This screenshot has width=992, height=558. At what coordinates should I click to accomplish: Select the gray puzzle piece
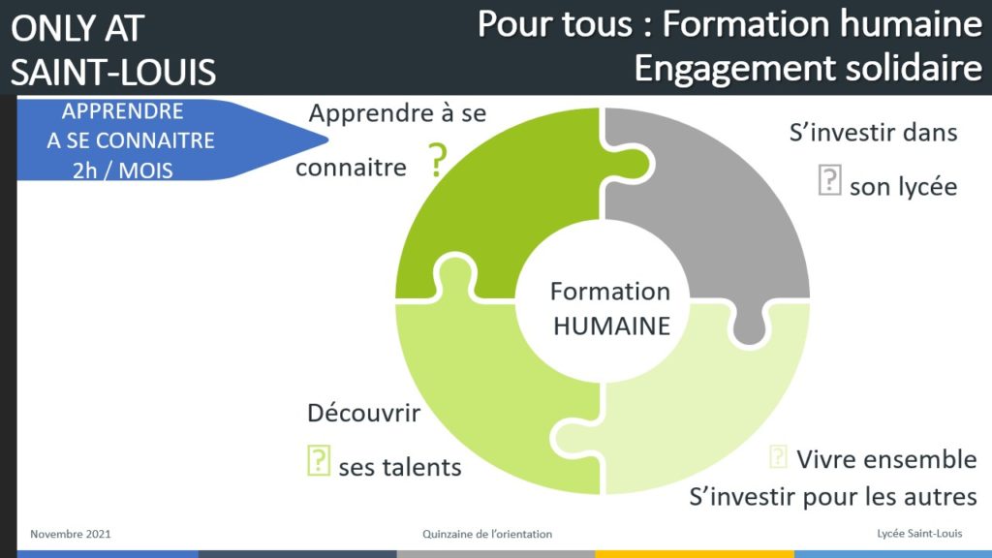tap(728, 209)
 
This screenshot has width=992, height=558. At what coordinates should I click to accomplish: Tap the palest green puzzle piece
tap(708, 405)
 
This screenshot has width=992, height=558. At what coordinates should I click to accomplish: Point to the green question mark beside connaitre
tap(438, 160)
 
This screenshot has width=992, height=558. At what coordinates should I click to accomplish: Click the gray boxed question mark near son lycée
tap(829, 179)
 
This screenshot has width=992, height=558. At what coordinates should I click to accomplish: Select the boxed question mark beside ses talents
tap(319, 460)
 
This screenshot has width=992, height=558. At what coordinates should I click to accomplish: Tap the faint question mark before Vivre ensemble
tap(778, 456)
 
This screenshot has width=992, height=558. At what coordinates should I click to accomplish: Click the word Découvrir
tap(364, 413)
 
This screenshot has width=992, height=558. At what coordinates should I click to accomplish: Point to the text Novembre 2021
tap(70, 534)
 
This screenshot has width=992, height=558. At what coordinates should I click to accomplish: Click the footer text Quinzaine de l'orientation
tap(487, 534)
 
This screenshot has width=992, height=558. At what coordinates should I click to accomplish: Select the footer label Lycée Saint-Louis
tap(919, 534)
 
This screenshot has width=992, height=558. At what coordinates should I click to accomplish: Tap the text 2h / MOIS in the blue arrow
tap(123, 170)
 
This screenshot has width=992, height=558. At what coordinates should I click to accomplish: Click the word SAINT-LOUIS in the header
tap(113, 72)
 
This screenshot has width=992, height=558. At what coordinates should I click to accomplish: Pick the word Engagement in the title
tap(735, 69)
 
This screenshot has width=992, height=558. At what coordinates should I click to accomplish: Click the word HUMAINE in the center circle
tap(612, 325)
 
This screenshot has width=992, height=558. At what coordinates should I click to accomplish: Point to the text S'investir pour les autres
tap(832, 497)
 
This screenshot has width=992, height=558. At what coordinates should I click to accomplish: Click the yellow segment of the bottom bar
tap(695, 554)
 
